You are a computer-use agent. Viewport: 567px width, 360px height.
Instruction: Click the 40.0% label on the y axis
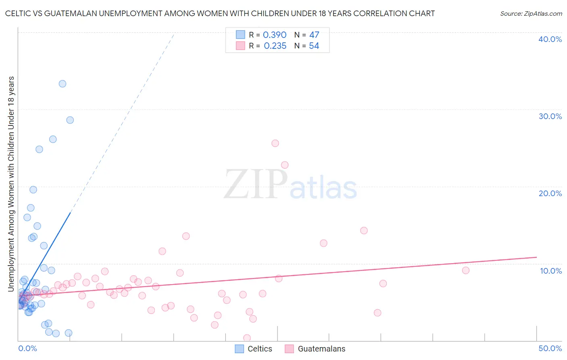point(550,39)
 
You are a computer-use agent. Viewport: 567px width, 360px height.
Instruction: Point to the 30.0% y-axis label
point(550,116)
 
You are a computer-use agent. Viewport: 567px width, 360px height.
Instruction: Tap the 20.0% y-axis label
point(550,193)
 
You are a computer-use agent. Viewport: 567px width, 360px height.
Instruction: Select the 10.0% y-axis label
point(550,271)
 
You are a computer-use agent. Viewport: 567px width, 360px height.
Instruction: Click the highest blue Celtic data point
point(63,84)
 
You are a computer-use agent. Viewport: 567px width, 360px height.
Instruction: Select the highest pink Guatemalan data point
point(275,143)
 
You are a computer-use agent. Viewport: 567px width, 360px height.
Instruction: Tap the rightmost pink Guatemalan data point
point(465,270)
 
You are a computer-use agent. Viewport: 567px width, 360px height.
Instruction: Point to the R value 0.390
point(275,35)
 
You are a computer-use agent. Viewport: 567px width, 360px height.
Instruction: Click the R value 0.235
point(275,46)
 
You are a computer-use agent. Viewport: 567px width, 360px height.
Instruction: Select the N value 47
point(314,35)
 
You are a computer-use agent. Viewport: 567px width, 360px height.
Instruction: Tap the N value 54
point(314,46)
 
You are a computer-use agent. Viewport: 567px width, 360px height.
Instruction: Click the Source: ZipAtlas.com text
point(531,14)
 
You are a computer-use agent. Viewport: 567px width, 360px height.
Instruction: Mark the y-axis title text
point(11,184)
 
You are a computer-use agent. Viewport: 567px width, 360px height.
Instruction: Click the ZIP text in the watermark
point(255,185)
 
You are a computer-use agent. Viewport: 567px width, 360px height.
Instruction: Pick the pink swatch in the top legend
point(240,46)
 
